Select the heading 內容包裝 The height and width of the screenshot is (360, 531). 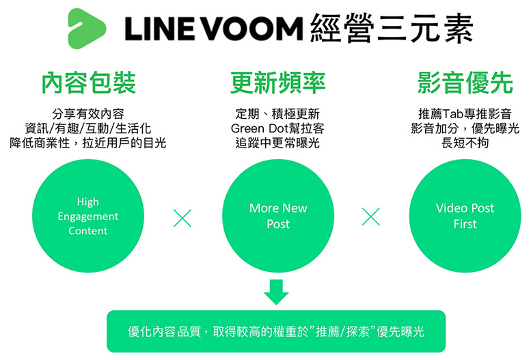[x=88, y=83]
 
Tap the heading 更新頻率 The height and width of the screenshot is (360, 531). [x=277, y=83]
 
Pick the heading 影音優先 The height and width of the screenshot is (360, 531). [x=465, y=83]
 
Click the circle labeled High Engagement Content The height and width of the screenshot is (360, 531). [x=88, y=216]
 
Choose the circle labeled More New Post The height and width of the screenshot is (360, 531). [x=277, y=216]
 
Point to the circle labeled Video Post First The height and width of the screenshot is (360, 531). [x=465, y=216]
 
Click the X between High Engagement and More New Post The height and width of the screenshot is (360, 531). [x=182, y=217]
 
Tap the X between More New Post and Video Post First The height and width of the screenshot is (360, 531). [x=371, y=217]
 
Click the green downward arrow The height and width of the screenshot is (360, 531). [x=276, y=291]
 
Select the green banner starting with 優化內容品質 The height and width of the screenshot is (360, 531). [x=276, y=331]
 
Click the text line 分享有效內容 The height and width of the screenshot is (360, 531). [x=88, y=113]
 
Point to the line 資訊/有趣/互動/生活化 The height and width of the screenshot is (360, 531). [x=88, y=128]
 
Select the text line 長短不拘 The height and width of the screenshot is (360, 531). [x=465, y=143]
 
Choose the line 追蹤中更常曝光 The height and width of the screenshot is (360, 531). [x=277, y=143]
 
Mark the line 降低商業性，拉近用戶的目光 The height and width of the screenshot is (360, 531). [x=88, y=143]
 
